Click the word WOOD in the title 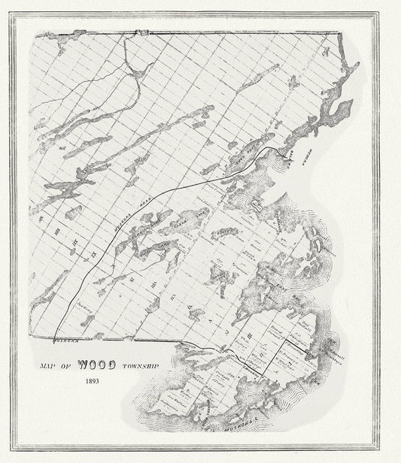(x=96, y=367)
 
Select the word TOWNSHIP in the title (x=134, y=366)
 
